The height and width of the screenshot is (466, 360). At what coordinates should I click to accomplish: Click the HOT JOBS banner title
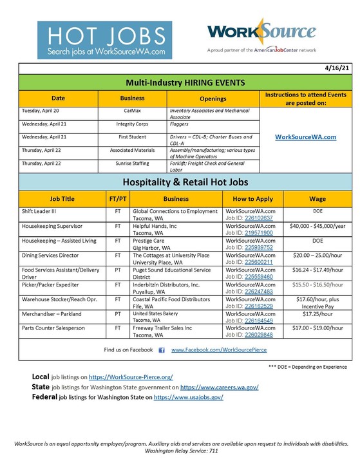[104, 34]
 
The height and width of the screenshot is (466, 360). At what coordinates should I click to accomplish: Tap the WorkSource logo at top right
[261, 32]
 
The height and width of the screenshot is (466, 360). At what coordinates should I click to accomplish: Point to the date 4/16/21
[339, 68]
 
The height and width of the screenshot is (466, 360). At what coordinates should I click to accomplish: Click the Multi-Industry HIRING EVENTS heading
[186, 82]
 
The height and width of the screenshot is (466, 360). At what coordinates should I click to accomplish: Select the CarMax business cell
[133, 111]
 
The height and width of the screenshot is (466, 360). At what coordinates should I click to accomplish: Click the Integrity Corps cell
[133, 124]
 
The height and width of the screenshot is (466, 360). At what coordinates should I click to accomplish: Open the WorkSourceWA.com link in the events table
[305, 136]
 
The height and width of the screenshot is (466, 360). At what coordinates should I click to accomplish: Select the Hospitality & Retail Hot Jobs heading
[186, 182]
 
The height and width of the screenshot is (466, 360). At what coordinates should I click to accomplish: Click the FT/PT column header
[118, 199]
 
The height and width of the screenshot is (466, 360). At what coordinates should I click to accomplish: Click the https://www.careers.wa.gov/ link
[219, 387]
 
